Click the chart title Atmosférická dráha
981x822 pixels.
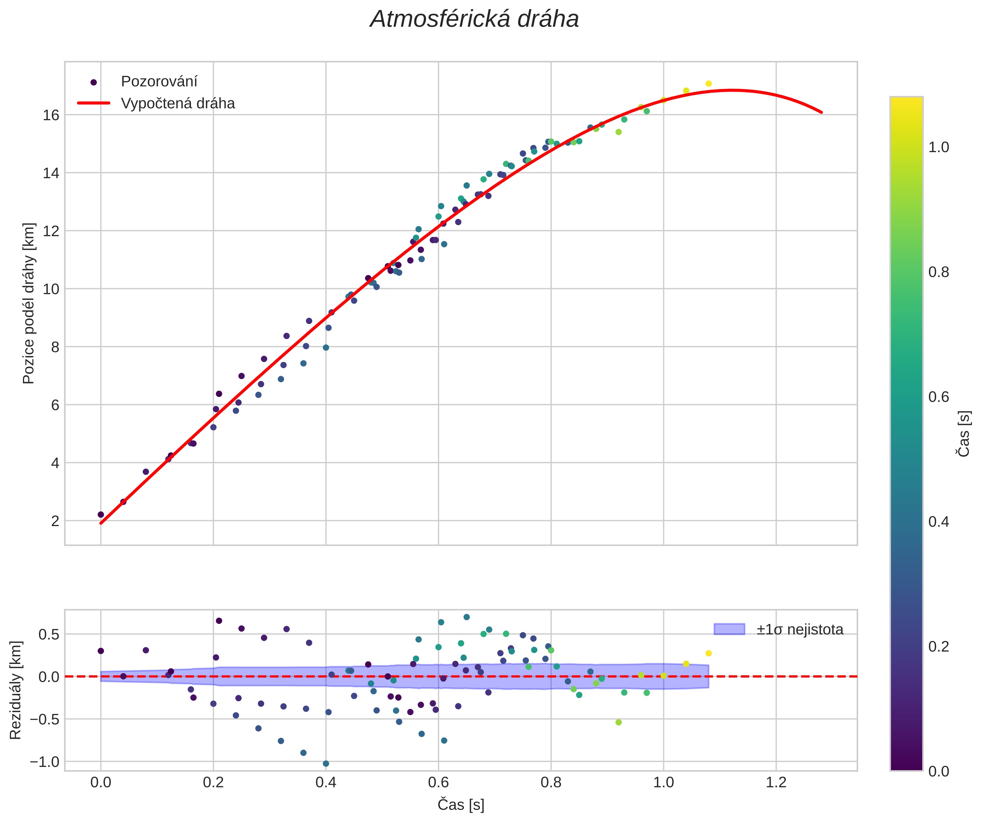point(474,20)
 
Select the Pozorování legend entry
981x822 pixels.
point(159,81)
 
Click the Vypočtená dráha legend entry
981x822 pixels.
point(177,103)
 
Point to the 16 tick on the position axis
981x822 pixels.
point(51,115)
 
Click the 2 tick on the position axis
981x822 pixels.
point(55,521)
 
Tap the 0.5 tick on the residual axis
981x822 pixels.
point(48,634)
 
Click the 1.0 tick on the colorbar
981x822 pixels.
point(938,147)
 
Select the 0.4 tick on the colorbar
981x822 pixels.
point(938,522)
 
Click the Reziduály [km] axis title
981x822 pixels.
point(15,690)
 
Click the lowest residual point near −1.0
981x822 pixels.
point(325,764)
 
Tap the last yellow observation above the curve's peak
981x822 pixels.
point(708,84)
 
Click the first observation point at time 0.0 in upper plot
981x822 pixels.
point(101,514)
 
